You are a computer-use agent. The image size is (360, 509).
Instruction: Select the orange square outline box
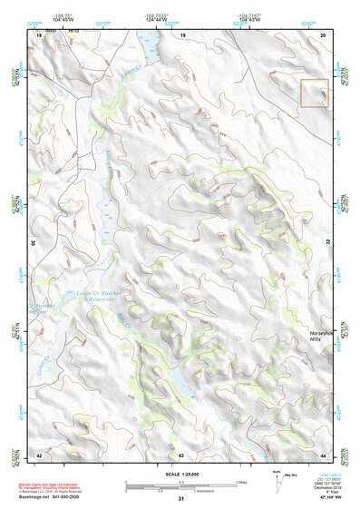pyautogui.click(x=314, y=93)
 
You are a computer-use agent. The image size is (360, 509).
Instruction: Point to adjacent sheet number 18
pyautogui.click(x=39, y=34)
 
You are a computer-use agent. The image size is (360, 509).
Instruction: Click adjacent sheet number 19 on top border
pyautogui.click(x=181, y=34)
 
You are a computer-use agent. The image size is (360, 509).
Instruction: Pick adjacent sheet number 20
pyautogui.click(x=323, y=34)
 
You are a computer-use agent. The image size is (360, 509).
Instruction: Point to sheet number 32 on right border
pyautogui.click(x=328, y=243)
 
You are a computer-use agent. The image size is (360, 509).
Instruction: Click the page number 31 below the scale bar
pyautogui.click(x=181, y=499)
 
